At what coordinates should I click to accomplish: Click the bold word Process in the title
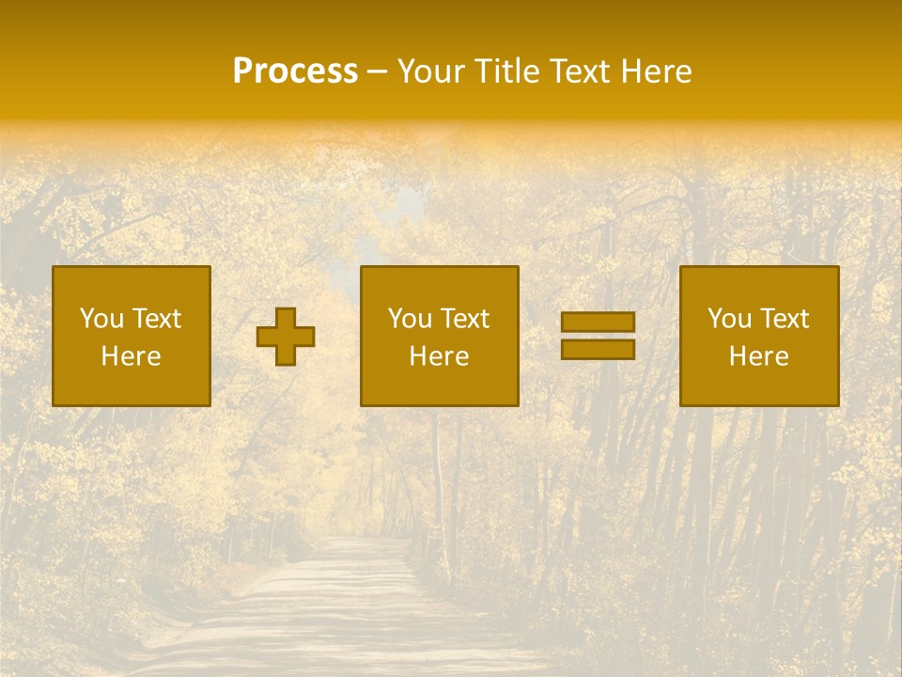(295, 71)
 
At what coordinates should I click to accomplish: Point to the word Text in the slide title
(577, 71)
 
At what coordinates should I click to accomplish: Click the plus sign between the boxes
(286, 337)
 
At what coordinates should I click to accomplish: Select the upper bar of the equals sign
(598, 322)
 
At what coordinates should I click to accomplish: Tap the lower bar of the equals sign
(598, 350)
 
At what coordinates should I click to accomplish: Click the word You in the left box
(101, 319)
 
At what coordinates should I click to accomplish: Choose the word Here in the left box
(131, 356)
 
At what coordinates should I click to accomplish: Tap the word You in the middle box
(410, 319)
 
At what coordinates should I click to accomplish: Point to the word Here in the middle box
(439, 356)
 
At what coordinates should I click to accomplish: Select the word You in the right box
(729, 319)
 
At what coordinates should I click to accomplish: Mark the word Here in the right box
(758, 356)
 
